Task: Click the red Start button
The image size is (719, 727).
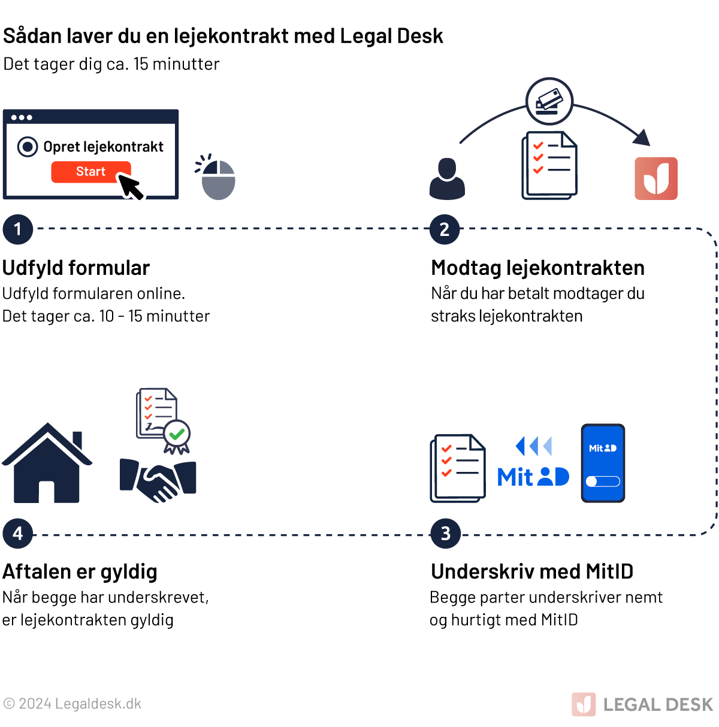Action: pos(90,172)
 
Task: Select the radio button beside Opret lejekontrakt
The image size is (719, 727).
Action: pos(28,147)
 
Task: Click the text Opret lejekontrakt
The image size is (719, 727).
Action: pos(103,147)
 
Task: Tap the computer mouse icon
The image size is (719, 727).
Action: pos(218,179)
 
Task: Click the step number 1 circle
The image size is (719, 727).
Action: pos(18,229)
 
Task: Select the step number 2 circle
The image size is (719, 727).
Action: pos(445,229)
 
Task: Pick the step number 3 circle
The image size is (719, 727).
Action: pos(446,534)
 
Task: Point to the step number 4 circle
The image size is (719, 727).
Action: pos(18,533)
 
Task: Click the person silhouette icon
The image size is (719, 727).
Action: pos(447,178)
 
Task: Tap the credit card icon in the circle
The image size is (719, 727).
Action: pos(549,101)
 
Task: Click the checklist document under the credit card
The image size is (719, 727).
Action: pos(549,165)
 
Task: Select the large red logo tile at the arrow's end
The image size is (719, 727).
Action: pos(656,178)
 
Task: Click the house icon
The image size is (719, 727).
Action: pos(47,464)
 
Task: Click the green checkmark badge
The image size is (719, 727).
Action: pos(177,434)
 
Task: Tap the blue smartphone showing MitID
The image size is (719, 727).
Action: pos(603,463)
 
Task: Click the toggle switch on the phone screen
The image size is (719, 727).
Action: pos(603,481)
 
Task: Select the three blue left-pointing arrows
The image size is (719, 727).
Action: pos(533,446)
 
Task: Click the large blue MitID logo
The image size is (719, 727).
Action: pos(533,477)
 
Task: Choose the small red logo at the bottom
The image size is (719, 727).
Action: pos(584,704)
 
